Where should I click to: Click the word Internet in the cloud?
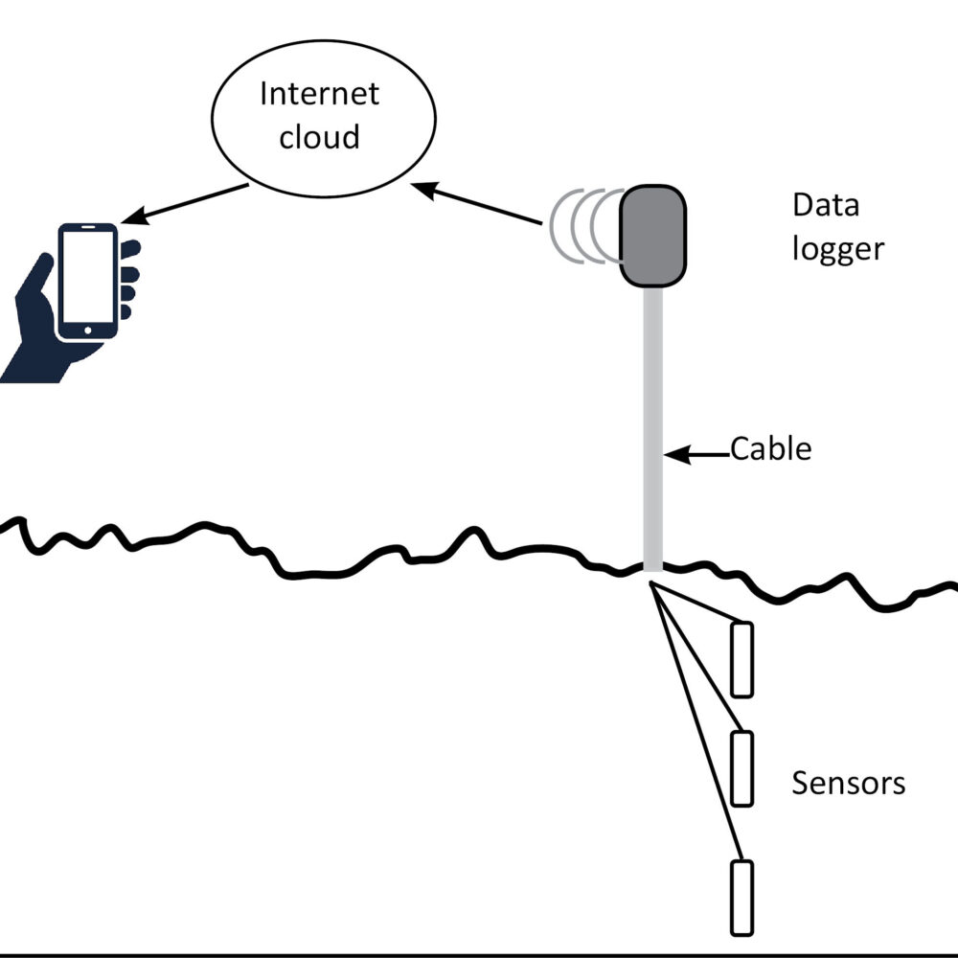pos(320,94)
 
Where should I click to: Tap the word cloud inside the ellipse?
pos(319,136)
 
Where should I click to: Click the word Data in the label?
pos(825,205)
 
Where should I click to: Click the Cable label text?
pos(771,448)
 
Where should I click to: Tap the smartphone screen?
pos(87,279)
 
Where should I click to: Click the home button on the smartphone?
pos(88,331)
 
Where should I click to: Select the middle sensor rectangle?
pos(742,768)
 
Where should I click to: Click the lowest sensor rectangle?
pos(742,898)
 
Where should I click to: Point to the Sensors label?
pos(848,783)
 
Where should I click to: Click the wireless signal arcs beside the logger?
pos(580,225)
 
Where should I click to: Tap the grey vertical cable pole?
pos(652,431)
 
